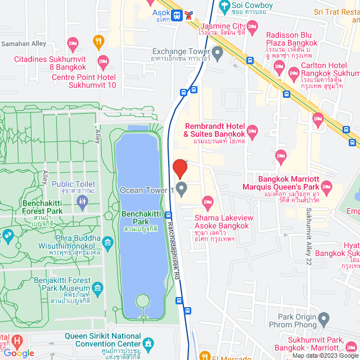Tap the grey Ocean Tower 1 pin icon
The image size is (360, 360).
181,189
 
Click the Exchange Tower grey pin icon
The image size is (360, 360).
218,52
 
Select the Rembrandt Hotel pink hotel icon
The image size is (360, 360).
253,131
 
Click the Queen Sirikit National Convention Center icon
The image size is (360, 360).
148,343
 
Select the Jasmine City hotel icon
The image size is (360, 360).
253,26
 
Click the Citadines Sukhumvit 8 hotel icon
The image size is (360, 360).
73,43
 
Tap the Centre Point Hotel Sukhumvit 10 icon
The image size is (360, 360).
102,60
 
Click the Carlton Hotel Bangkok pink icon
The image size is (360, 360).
293,73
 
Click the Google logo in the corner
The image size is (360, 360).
18,353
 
